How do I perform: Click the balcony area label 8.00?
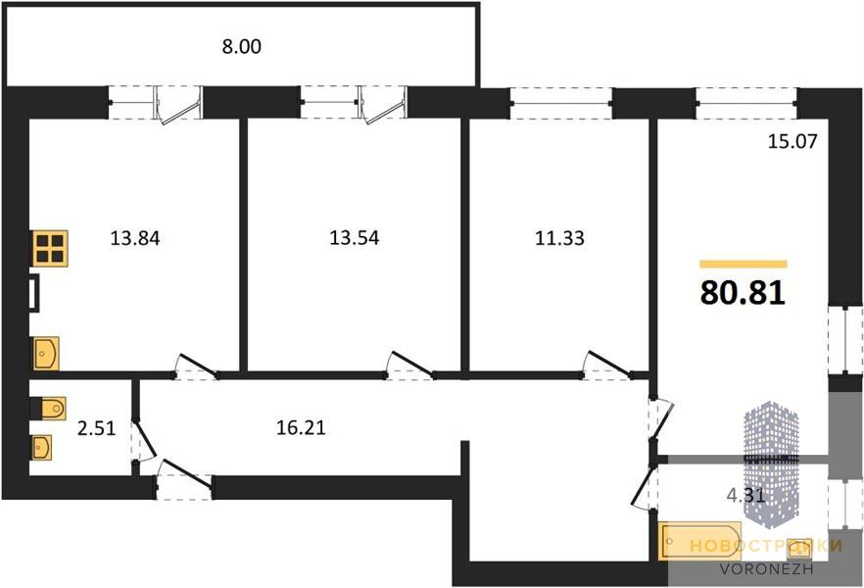pos(243,46)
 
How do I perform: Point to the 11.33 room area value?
pos(558,236)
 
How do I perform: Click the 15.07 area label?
pos(791,142)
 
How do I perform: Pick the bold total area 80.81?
pos(744,293)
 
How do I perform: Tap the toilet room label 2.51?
pos(96,427)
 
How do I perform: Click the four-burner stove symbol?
pos(49,249)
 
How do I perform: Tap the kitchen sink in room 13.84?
pos(46,352)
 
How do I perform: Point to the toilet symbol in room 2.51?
pos(49,407)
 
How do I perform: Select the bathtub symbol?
pos(692,542)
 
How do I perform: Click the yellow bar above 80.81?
pos(744,264)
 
